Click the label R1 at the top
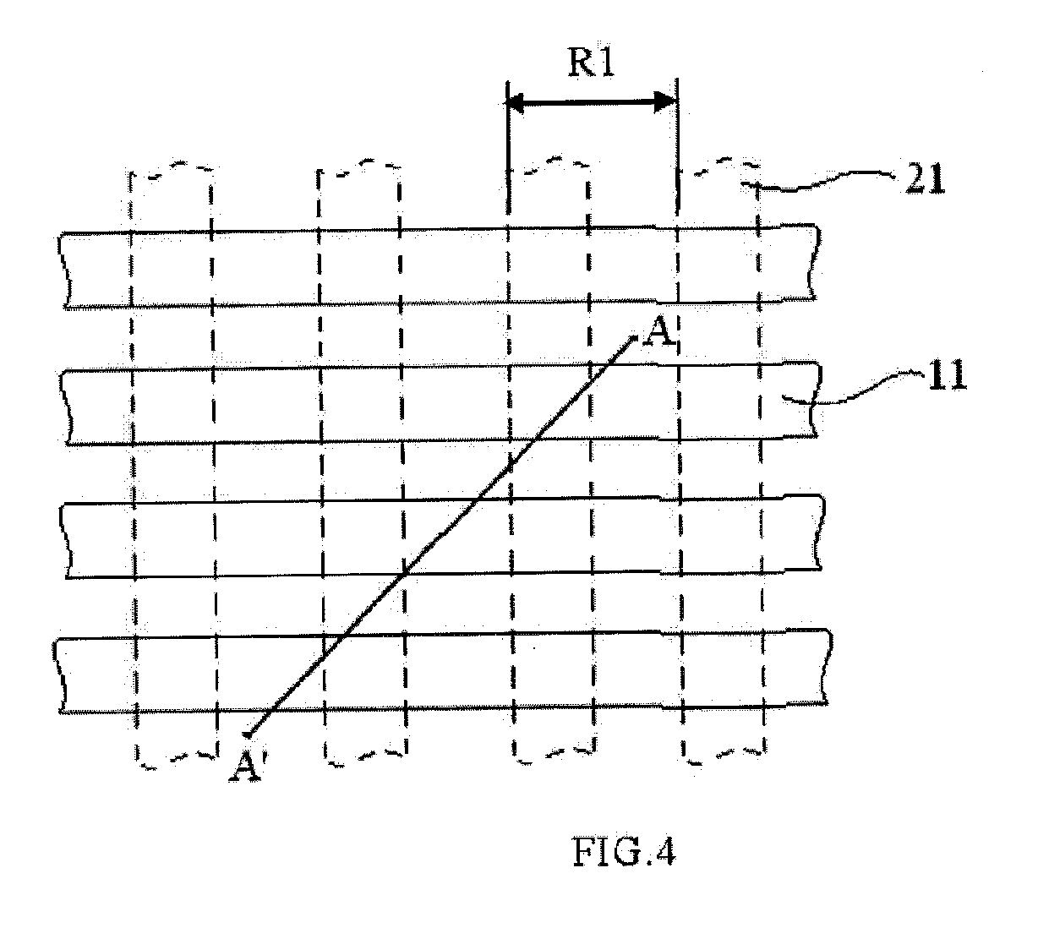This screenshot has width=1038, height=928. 591,63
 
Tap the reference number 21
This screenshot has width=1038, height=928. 926,179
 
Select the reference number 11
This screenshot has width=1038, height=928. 948,375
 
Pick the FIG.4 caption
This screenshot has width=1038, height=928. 624,852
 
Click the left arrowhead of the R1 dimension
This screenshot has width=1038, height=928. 516,103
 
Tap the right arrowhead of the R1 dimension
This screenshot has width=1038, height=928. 665,102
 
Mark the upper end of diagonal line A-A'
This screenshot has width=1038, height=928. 635,336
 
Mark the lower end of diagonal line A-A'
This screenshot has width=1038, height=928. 247,736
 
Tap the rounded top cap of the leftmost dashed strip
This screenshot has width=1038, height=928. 171,168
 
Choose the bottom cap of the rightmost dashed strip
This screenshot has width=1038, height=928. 723,756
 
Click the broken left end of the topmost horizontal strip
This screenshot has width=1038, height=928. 64,270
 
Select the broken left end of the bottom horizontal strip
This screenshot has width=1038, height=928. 59,676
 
